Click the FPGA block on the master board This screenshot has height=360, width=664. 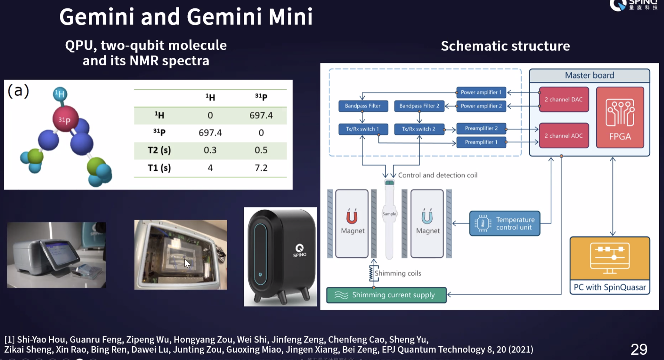point(620,117)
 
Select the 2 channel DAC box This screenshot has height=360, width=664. point(564,99)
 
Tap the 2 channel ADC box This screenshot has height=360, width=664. point(564,136)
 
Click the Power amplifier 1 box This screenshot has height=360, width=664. point(481,92)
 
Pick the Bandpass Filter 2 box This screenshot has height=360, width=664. point(419,106)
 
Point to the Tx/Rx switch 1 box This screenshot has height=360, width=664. point(362,129)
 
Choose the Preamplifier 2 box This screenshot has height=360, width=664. point(481,128)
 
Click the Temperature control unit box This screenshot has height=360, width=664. point(505,224)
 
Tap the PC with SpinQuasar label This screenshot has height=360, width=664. point(609,287)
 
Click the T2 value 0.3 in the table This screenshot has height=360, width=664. point(210,150)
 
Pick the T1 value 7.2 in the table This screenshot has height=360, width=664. point(261,168)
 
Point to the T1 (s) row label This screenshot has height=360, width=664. point(159,168)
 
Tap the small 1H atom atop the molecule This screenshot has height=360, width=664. point(59,94)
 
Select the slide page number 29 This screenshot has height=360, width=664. point(639,349)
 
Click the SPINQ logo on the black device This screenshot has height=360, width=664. point(299,250)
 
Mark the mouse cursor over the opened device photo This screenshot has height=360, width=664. point(187,264)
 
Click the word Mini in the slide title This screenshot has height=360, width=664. point(290,17)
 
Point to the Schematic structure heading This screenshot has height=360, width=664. point(505,46)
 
